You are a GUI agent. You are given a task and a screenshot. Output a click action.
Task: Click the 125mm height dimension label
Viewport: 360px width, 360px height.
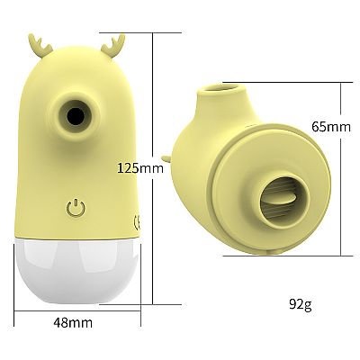[140, 167]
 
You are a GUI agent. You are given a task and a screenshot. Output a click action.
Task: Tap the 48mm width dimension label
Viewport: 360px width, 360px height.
[73, 323]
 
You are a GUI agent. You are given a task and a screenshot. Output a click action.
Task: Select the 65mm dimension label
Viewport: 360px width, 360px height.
[331, 126]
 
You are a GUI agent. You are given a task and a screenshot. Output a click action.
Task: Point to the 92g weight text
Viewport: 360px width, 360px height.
[301, 305]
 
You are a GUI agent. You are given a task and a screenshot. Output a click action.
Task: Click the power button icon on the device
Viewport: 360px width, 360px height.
[76, 208]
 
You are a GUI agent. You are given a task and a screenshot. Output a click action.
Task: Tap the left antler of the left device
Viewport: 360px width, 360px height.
[40, 46]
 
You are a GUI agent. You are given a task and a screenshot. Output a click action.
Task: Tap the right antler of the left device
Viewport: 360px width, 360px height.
[113, 46]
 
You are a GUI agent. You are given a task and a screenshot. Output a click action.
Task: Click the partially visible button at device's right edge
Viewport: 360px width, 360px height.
[136, 222]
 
